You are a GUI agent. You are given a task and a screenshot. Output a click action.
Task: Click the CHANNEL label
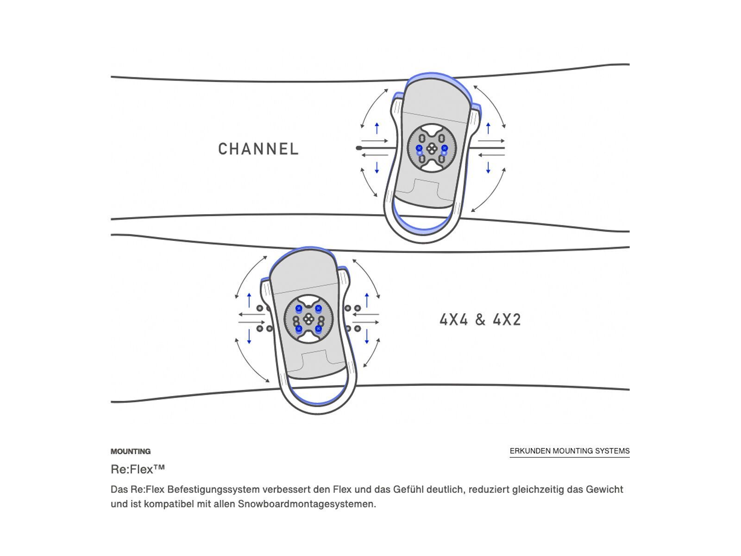tap(258, 149)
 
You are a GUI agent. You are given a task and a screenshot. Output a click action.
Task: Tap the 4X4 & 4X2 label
tap(480, 320)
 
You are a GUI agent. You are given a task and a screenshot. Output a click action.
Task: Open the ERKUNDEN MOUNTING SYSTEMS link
tap(570, 451)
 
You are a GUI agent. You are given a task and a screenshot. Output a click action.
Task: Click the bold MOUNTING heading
tap(131, 451)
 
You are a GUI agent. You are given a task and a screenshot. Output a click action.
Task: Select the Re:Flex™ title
tap(138, 469)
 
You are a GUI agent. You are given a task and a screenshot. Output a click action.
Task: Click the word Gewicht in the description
tap(605, 489)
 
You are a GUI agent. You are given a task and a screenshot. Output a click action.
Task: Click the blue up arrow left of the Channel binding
tap(377, 128)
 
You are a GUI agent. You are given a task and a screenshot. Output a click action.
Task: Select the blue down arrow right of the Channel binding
tap(488, 167)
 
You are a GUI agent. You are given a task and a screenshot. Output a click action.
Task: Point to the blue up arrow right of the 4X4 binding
tap(367, 300)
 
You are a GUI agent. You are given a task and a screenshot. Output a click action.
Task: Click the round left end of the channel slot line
tap(358, 148)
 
